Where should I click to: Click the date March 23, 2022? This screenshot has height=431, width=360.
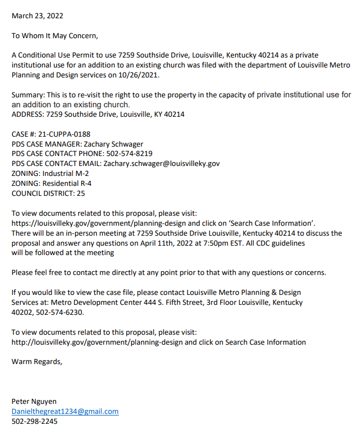pyautogui.click(x=37, y=16)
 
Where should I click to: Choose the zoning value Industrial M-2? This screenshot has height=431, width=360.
pyautogui.click(x=65, y=174)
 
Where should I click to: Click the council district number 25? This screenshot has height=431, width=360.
pyautogui.click(x=81, y=194)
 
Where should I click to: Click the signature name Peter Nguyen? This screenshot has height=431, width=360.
pyautogui.click(x=34, y=402)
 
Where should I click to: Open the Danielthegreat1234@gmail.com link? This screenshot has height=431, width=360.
pyautogui.click(x=65, y=412)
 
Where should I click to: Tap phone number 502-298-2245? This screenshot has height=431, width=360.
pyautogui.click(x=34, y=422)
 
